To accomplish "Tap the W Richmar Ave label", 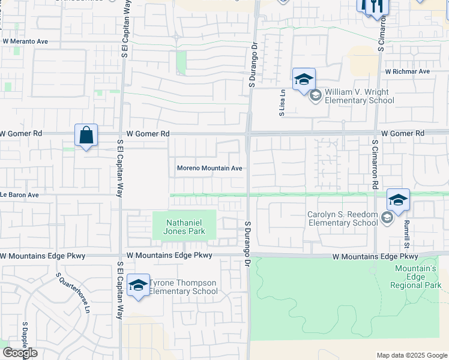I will point(408,71).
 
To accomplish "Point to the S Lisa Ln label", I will point(282,103).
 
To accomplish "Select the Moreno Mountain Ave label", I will point(209,169).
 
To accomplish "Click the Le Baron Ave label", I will point(19,195).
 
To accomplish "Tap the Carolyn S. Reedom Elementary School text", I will point(342,219).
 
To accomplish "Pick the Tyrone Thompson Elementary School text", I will point(183,287).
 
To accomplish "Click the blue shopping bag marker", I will point(86,135).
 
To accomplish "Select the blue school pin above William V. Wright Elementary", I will point(304,79).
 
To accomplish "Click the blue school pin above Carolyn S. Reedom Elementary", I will point(398,200).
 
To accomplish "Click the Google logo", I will point(20,353).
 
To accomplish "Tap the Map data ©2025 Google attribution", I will point(411,355).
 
